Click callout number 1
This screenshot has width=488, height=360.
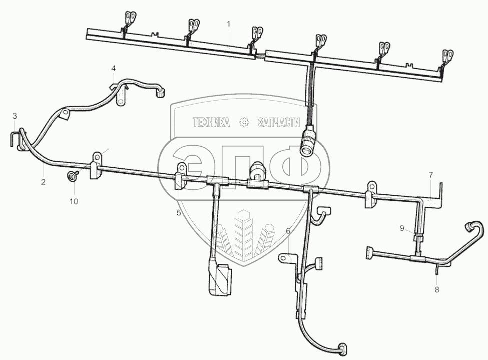pyautogui.click(x=228, y=24)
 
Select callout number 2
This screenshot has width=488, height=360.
pyautogui.click(x=44, y=182)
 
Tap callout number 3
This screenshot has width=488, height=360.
pyautogui.click(x=15, y=116)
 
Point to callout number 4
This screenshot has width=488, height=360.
pyautogui.click(x=114, y=68)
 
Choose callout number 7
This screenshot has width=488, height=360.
pyautogui.click(x=430, y=175)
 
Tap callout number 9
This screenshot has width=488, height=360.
pyautogui.click(x=401, y=228)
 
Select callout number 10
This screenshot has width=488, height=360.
pyautogui.click(x=74, y=202)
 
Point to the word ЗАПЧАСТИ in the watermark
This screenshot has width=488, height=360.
pyautogui.click(x=278, y=122)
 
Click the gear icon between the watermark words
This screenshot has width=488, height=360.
pyautogui.click(x=245, y=122)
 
